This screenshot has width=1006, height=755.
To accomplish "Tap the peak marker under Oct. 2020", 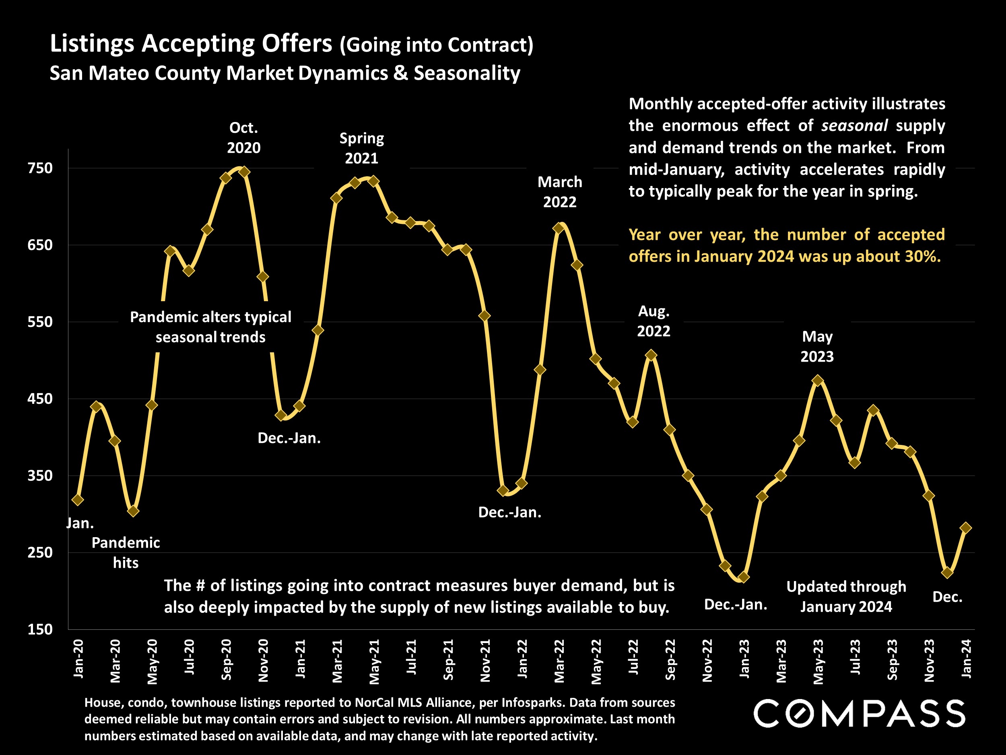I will pyautogui.click(x=244, y=172).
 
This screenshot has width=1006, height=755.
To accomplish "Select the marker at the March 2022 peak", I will pyautogui.click(x=559, y=228).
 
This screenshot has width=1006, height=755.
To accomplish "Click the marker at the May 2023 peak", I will pyautogui.click(x=818, y=381).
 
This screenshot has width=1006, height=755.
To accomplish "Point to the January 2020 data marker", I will pyautogui.click(x=78, y=500).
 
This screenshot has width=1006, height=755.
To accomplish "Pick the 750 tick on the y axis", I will pyautogui.click(x=41, y=168).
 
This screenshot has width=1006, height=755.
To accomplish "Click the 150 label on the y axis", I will pyautogui.click(x=41, y=629).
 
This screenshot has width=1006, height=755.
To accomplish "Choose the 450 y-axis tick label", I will pyautogui.click(x=41, y=399).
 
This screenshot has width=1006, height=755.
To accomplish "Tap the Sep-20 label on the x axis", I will pyautogui.click(x=227, y=660).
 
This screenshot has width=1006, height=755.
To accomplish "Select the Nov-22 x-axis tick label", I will pyautogui.click(x=707, y=660).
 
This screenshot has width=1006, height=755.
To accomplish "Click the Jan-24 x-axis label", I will pyautogui.click(x=967, y=658).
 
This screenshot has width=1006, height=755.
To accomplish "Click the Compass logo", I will pyautogui.click(x=860, y=714).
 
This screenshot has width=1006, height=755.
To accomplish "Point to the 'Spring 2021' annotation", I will pyautogui.click(x=362, y=148).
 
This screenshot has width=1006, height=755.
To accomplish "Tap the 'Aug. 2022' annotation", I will pyautogui.click(x=653, y=321).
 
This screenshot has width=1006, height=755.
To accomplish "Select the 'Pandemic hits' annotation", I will pyautogui.click(x=126, y=552).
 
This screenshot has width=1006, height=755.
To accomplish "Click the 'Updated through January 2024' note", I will pyautogui.click(x=846, y=597).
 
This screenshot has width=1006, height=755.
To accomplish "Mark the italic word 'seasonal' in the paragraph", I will pyautogui.click(x=854, y=126).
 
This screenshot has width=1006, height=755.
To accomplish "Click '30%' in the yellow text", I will pyautogui.click(x=922, y=256).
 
